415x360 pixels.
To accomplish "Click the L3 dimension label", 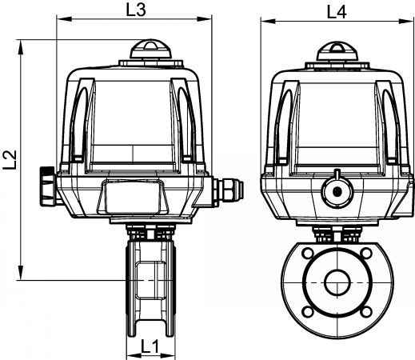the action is tap(136, 10).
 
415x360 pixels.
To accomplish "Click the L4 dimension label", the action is tap(337, 12).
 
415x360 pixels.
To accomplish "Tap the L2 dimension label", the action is tap(10, 160).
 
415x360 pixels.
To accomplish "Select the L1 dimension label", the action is tap(150, 346).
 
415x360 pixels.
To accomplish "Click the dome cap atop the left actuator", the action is tap(150, 49).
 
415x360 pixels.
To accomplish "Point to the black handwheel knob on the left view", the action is tap(48, 186).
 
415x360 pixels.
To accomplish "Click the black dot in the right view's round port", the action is tap(337, 191).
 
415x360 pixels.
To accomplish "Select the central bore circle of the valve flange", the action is tap(337, 282).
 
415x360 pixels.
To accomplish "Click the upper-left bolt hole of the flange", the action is tap(308, 253).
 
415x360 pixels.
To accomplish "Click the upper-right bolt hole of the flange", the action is tap(366, 253).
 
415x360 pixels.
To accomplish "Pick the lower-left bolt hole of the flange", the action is tap(308, 311).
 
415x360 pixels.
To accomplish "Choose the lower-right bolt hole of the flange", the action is tap(366, 311).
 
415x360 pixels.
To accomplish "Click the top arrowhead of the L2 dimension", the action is tap(20, 47).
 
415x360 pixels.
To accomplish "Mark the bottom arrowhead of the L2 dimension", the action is tap(20, 273).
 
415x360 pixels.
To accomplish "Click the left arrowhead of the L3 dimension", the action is tap(64, 18).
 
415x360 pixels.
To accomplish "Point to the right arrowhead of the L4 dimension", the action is tap(405, 21).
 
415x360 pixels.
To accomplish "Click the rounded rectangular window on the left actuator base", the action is tap(133, 197).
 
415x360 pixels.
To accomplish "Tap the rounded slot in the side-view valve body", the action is tap(150, 280).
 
